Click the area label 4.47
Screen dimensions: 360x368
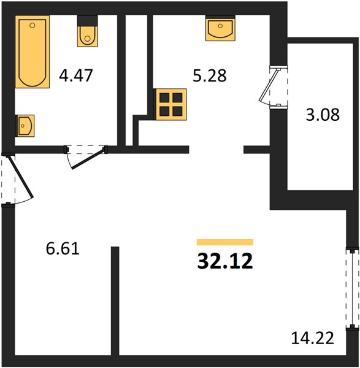[x=76, y=75]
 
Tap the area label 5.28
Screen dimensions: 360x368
[x=210, y=75]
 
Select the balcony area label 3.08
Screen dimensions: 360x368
[x=323, y=115]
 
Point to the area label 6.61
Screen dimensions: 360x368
[x=63, y=248]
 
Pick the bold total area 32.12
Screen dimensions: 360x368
[x=225, y=261]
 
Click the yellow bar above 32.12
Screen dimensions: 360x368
[x=225, y=242]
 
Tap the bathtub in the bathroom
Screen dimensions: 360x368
[x=33, y=52]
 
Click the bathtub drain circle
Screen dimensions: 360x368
[x=33, y=25]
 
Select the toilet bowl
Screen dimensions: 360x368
[x=87, y=36]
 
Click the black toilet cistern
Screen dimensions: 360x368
[x=87, y=21]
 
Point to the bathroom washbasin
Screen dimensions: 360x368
[x=25, y=126]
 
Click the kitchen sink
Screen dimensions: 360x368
[x=220, y=29]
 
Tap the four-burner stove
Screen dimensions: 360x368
[x=170, y=104]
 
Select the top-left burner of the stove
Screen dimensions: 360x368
[x=164, y=98]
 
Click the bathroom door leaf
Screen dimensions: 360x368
[x=87, y=158]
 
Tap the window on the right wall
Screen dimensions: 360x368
[x=352, y=288]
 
